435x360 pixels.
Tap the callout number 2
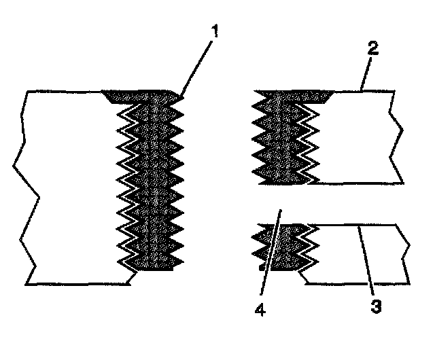tap(374, 48)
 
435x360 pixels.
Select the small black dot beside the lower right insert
tap(260, 268)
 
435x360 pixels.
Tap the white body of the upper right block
tap(357, 136)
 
